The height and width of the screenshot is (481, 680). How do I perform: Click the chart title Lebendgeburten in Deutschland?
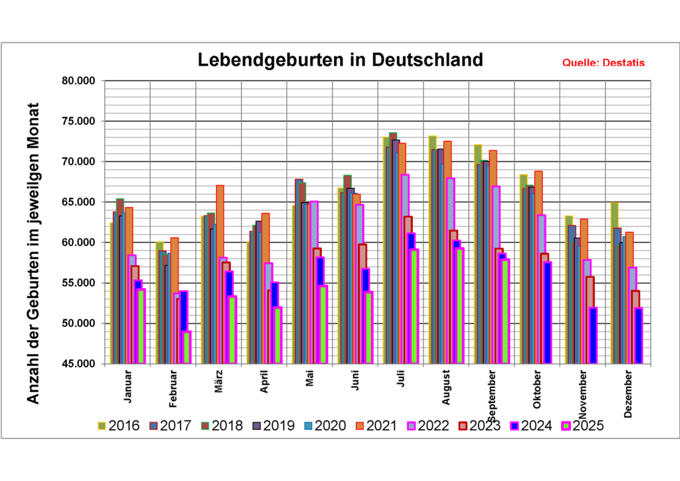tap(341, 60)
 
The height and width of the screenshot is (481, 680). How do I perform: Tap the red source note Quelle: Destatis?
tap(603, 63)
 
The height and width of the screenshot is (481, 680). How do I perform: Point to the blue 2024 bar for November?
tap(593, 336)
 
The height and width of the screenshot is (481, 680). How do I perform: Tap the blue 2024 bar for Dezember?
tap(638, 336)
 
